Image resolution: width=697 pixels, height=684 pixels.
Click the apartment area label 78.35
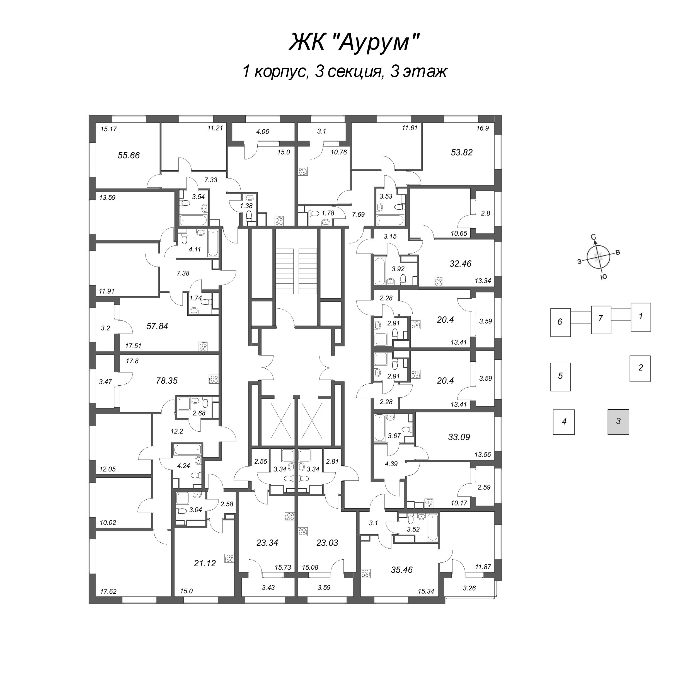coord(167,380)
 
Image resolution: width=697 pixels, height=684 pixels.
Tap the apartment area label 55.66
coord(129,155)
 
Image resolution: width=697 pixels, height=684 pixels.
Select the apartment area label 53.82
coord(461,152)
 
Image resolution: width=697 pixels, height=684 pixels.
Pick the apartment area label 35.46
coord(401,570)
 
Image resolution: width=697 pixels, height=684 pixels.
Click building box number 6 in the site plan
coord(560,322)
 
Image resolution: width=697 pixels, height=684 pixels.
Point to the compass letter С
coord(594,237)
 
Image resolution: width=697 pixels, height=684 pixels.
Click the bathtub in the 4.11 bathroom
coord(213,243)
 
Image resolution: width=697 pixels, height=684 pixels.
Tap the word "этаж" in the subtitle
coord(425,71)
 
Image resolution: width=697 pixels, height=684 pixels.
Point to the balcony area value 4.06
coord(262,132)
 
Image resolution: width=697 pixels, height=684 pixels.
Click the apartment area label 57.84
coord(157,326)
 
